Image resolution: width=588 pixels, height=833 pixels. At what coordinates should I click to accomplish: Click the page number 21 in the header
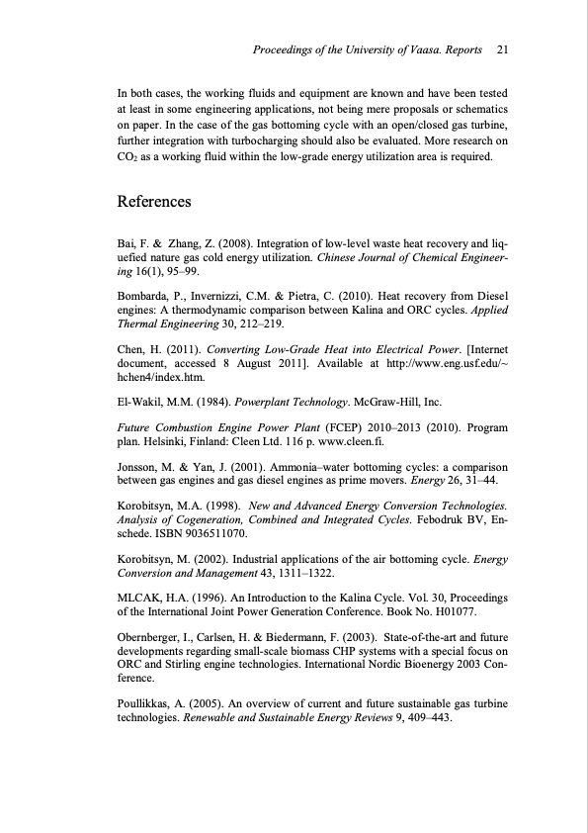tap(502, 48)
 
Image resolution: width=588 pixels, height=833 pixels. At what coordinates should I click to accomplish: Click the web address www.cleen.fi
tap(334, 441)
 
